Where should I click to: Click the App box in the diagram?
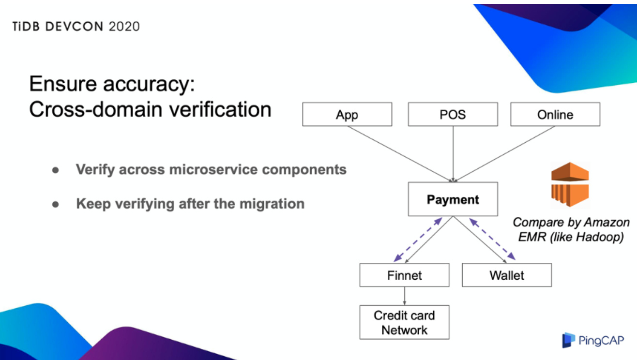[x=347, y=115]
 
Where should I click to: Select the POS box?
[x=453, y=115]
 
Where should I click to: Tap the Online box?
[x=555, y=115]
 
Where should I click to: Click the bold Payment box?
[x=453, y=199]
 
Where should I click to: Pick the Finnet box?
[x=404, y=275]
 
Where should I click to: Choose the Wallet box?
[x=506, y=275]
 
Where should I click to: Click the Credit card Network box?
[x=404, y=322]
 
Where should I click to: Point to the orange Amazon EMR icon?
[x=570, y=185]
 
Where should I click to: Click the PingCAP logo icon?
[x=568, y=340]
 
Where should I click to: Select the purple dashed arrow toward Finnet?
[x=417, y=240]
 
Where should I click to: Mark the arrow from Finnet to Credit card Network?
[x=404, y=296]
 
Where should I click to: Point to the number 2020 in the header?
[x=124, y=27]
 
